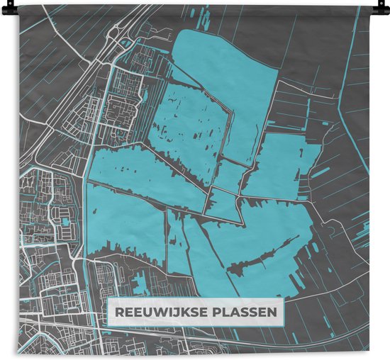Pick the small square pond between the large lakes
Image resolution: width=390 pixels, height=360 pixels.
click(x=230, y=173)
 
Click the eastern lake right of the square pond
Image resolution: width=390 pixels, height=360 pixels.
click(x=280, y=167)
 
